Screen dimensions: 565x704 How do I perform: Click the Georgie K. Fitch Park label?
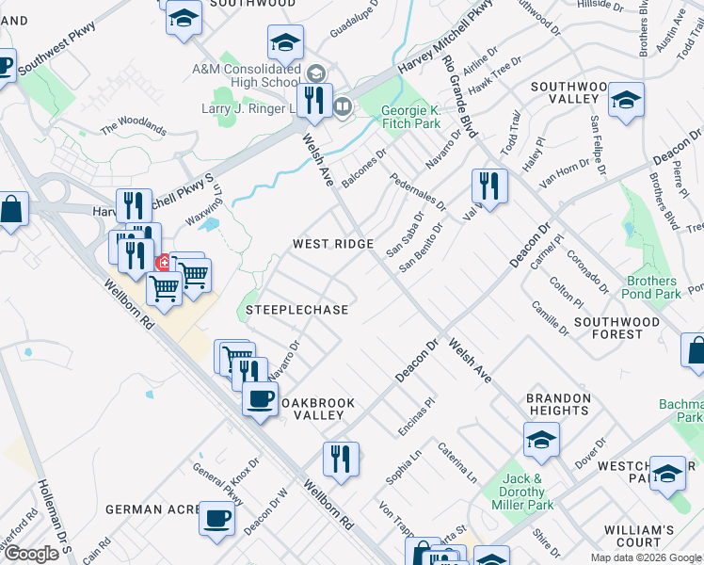click(410, 117)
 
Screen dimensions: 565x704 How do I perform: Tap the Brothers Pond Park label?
click(652, 287)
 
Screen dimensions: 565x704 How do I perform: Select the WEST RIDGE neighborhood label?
click(332, 244)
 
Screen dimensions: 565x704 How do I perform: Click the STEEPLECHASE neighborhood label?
click(296, 310)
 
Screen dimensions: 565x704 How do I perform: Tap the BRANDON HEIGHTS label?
click(558, 404)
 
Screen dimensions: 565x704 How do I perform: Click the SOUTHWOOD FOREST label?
click(616, 328)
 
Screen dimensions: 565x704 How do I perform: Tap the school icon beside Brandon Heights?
click(541, 439)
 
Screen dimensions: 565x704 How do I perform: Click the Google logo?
click(31, 554)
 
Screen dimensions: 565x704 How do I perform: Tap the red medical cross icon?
click(163, 262)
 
